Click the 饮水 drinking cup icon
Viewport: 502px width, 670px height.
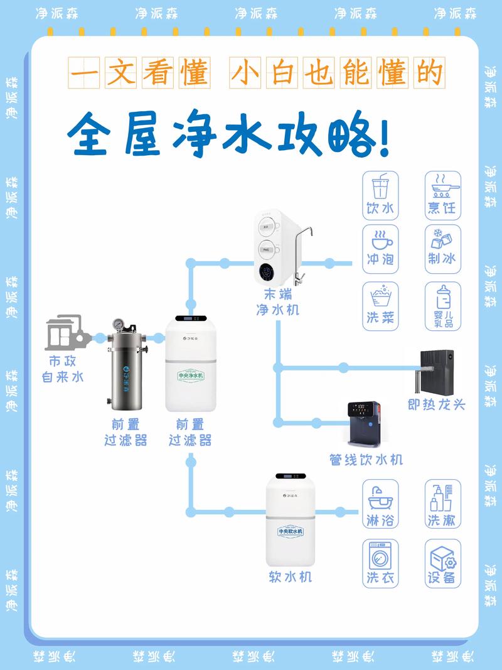pyautogui.click(x=380, y=188)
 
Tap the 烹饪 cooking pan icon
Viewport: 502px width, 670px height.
pyautogui.click(x=442, y=187)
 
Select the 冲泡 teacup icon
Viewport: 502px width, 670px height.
pyautogui.click(x=380, y=240)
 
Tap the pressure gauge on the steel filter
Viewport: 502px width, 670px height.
pyautogui.click(x=118, y=324)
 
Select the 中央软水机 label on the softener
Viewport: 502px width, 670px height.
pyautogui.click(x=291, y=531)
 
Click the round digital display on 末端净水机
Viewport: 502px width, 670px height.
pyautogui.click(x=267, y=273)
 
